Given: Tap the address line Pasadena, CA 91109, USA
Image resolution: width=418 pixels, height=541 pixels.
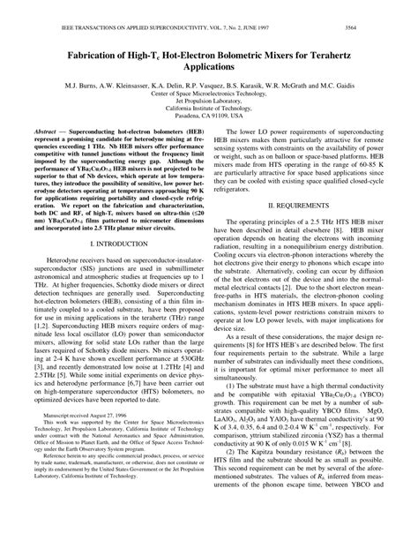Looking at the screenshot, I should (208, 116).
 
